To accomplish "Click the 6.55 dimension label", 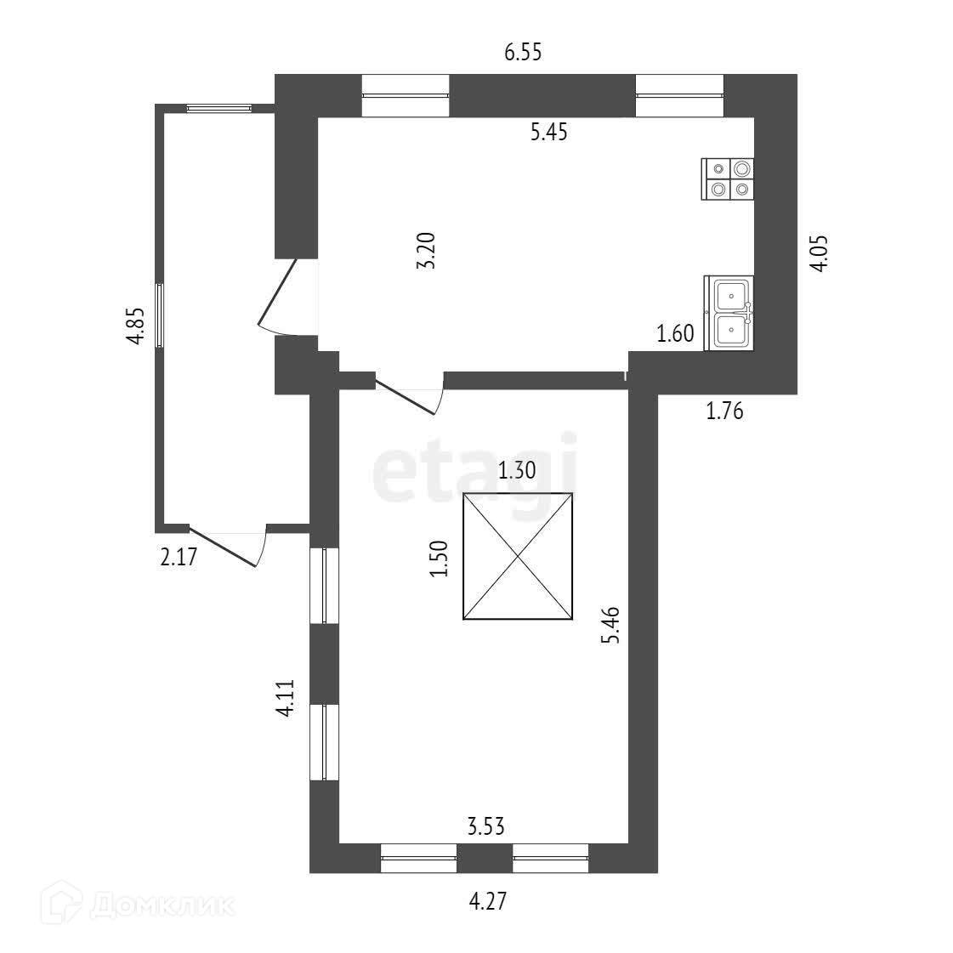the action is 523,54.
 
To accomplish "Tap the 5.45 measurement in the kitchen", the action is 548,133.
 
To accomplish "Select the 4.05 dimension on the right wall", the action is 818,253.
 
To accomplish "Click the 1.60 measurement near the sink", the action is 676,334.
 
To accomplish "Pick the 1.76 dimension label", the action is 725,412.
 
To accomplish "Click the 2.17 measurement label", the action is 179,559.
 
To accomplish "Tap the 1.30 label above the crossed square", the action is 517,470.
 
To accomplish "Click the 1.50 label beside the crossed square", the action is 439,558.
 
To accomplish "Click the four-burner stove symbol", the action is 729,179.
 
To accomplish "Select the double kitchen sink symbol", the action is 729,313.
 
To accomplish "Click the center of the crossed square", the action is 518,556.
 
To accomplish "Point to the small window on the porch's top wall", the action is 219,108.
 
